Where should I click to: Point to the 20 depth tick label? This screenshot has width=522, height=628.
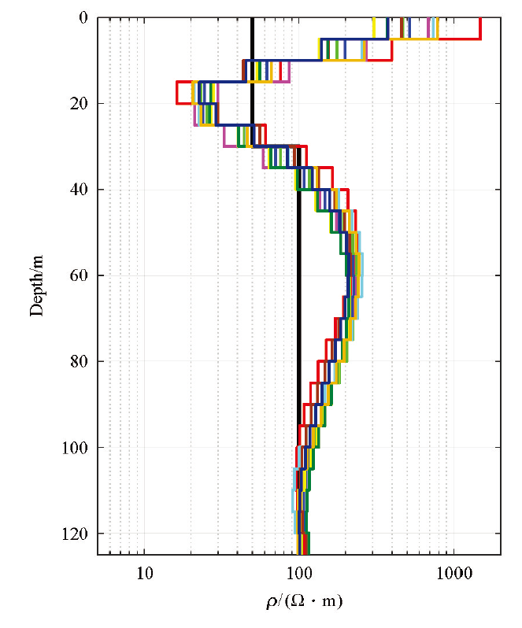tap(82, 104)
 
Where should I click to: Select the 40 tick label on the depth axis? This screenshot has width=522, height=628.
tap(82, 190)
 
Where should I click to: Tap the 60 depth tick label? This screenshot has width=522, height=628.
tap(82, 275)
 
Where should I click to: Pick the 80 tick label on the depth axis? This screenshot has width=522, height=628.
tap(82, 362)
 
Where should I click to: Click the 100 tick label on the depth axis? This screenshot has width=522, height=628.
tap(79, 448)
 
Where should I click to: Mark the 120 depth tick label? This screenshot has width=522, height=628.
tap(79, 534)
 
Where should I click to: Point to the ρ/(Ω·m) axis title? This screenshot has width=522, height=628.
tap(305, 602)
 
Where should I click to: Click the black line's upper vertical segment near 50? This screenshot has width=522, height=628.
tap(252, 79)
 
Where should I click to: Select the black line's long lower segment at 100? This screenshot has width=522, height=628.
tap(298, 315)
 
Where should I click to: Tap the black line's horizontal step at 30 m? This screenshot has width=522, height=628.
tap(276, 146)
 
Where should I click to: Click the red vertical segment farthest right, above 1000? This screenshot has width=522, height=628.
tap(480, 28)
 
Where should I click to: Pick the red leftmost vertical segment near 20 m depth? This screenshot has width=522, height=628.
tap(176, 92)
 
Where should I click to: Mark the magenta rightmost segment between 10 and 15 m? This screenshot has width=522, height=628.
tap(290, 71)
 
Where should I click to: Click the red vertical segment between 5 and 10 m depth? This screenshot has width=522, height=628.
tap(391, 50)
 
